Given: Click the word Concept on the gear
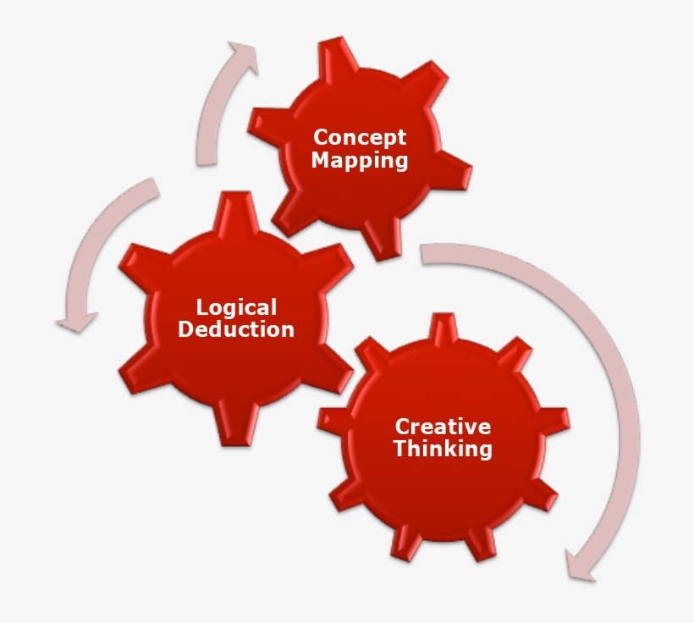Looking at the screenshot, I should click(360, 137).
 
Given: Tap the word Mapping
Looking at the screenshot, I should click(360, 160).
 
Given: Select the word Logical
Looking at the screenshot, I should click(236, 307).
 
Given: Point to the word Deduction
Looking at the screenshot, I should click(236, 329).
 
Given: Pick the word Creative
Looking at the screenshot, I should click(443, 427).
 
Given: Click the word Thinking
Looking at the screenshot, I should click(443, 449).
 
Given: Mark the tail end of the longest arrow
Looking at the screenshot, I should click(427, 252).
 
